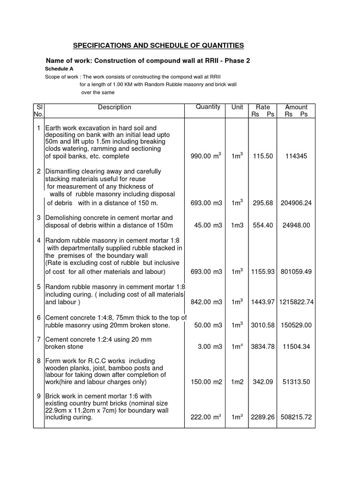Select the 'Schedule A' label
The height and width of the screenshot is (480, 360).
click(58, 68)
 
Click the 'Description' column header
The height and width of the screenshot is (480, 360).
click(114, 107)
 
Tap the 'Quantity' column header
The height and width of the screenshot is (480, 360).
click(208, 107)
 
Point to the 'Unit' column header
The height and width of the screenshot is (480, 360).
click(237, 107)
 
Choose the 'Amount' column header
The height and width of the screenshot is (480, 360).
click(296, 107)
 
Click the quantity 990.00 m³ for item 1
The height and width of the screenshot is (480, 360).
click(207, 156)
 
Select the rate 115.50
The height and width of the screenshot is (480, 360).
click(262, 157)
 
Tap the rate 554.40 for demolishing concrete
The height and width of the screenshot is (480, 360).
click(262, 225)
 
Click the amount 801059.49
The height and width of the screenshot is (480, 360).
click(296, 271)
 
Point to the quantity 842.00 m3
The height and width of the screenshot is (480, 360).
click(208, 302)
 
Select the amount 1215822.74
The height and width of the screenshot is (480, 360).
click(296, 302)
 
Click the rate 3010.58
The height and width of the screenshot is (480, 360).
click(262, 325)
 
